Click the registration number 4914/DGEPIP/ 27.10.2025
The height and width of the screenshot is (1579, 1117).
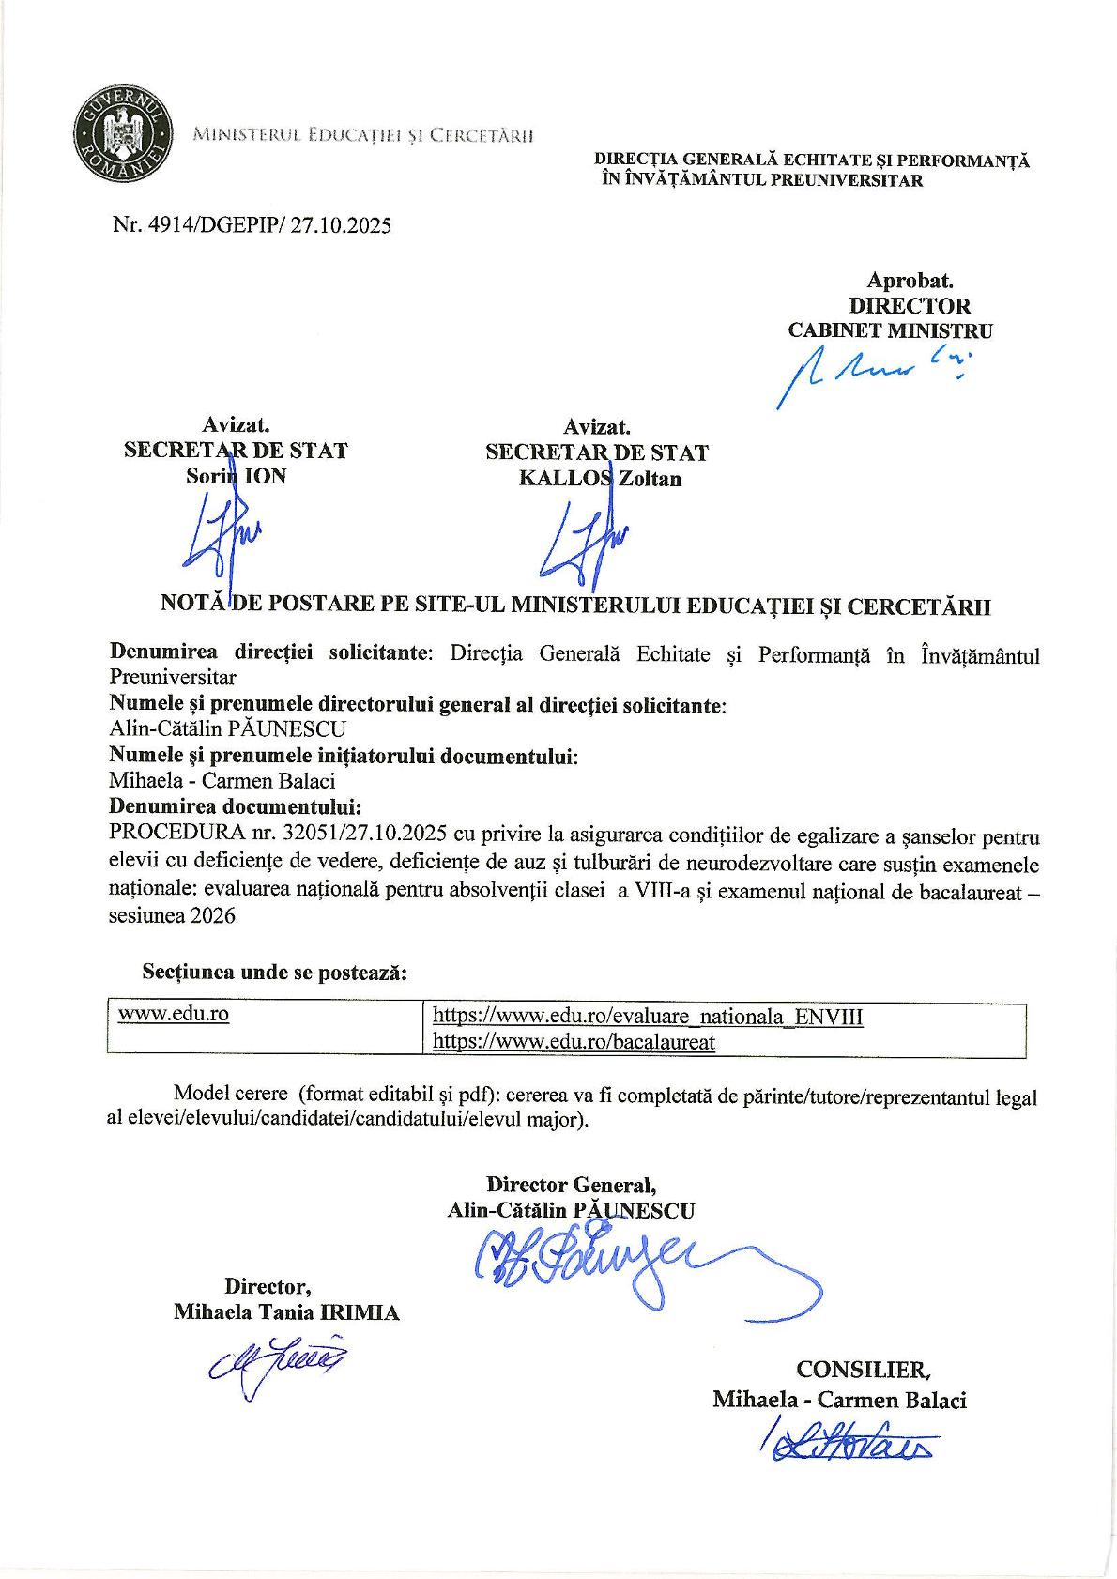coord(252,225)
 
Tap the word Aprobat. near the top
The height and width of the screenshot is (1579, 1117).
coord(910,280)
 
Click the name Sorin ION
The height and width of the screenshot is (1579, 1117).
coord(236,476)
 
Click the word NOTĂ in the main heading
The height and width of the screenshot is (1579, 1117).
coord(194,606)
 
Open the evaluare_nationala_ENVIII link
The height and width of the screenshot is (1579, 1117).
coord(647,1017)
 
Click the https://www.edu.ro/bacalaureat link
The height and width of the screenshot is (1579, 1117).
coord(574,1042)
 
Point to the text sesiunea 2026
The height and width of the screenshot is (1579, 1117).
coord(173,917)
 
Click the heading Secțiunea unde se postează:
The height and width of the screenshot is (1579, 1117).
coord(274,973)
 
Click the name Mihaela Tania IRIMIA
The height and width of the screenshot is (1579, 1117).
coord(286,1312)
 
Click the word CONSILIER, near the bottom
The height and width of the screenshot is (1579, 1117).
coord(864,1369)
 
